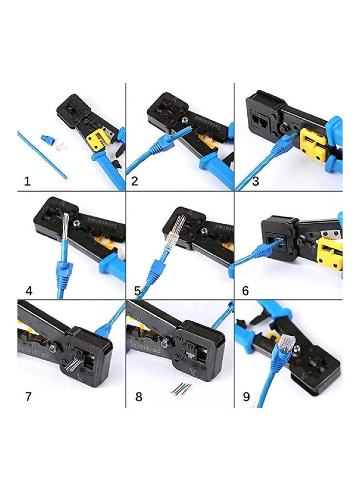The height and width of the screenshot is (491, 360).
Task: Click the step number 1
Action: (x=27, y=181)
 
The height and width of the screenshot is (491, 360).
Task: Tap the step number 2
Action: (x=135, y=181)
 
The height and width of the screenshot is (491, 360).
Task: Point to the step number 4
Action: (x=29, y=290)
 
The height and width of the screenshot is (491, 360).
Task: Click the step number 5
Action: (x=137, y=290)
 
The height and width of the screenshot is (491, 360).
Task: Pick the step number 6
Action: (x=245, y=290)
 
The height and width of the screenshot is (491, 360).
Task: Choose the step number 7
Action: (x=28, y=397)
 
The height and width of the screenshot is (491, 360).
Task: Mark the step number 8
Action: (x=138, y=397)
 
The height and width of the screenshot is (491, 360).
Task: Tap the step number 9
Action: (x=246, y=397)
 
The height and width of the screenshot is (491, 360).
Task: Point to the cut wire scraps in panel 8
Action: (x=181, y=389)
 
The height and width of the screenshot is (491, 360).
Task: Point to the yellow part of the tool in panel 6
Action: (x=328, y=252)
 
